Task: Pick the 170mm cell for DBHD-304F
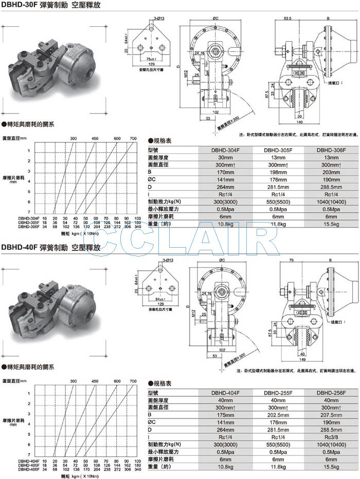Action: (226, 172)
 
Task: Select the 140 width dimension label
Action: (299, 122)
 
